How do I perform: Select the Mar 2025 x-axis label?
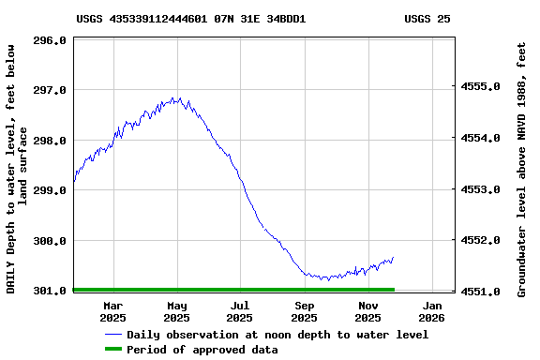click(113, 311)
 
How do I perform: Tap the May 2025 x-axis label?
click(177, 311)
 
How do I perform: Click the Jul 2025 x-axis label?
click(241, 311)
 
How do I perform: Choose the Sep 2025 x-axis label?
click(305, 311)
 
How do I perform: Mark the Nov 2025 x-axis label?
click(368, 311)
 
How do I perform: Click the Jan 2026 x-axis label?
click(432, 311)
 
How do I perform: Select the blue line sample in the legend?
click(113, 335)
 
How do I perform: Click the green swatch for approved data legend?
click(113, 350)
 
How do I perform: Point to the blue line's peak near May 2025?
click(175, 97)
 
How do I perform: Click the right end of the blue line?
click(393, 257)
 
